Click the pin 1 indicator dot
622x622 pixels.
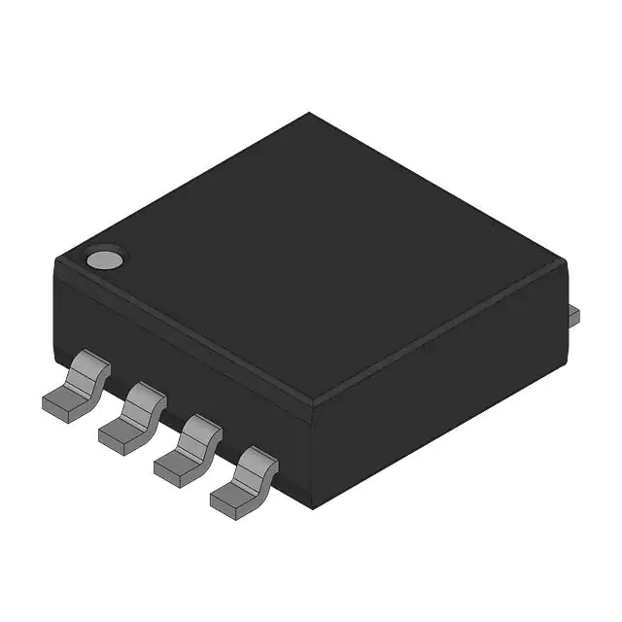(x=104, y=259)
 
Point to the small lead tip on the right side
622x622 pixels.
(x=573, y=314)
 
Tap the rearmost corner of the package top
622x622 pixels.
(x=309, y=113)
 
